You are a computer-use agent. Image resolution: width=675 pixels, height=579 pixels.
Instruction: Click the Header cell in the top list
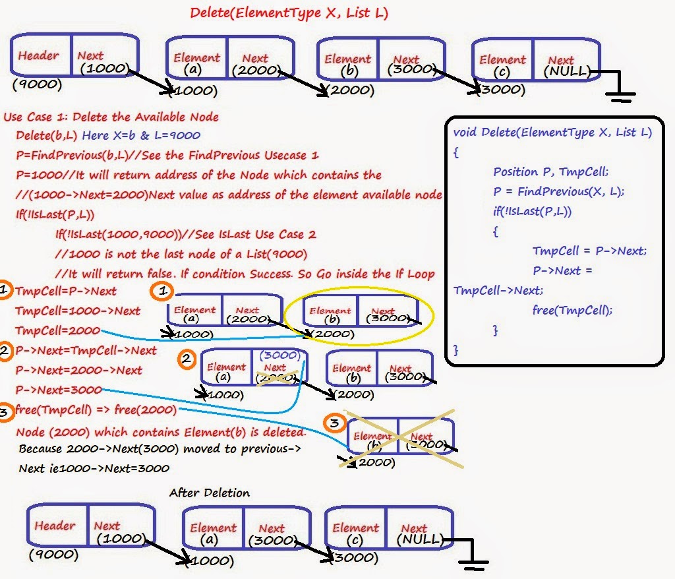click(40, 57)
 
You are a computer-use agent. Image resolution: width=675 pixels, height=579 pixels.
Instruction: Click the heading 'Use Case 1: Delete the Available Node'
click(111, 117)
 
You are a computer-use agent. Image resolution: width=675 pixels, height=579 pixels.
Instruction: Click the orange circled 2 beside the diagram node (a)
click(188, 359)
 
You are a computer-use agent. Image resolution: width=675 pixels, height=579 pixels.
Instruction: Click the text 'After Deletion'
click(209, 493)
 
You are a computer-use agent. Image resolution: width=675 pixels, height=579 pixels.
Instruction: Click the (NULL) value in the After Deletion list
click(419, 539)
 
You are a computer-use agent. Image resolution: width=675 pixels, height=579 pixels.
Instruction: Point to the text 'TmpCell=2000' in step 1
click(57, 330)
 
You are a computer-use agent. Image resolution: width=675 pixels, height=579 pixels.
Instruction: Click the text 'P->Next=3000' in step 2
click(58, 390)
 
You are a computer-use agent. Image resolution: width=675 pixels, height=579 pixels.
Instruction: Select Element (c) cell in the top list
click(502, 64)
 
